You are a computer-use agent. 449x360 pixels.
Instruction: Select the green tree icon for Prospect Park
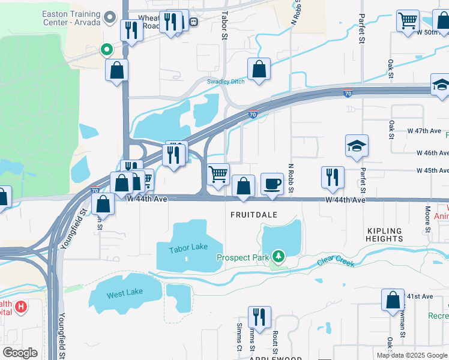[277, 257]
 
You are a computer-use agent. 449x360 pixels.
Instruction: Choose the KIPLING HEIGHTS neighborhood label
[384, 234]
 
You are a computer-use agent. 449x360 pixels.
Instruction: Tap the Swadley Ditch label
[226, 82]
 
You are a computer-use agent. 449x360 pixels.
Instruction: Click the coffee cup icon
[272, 183]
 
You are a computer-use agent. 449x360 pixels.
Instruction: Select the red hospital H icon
[21, 308]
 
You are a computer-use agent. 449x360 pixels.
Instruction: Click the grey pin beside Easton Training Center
[109, 18]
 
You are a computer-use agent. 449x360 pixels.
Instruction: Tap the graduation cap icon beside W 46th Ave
[357, 146]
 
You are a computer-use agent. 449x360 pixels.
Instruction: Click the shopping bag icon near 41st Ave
[393, 299]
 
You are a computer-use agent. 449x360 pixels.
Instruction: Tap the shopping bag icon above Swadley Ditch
[259, 69]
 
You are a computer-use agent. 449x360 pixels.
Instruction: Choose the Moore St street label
[427, 220]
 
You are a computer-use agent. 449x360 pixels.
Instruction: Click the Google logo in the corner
[20, 353]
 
